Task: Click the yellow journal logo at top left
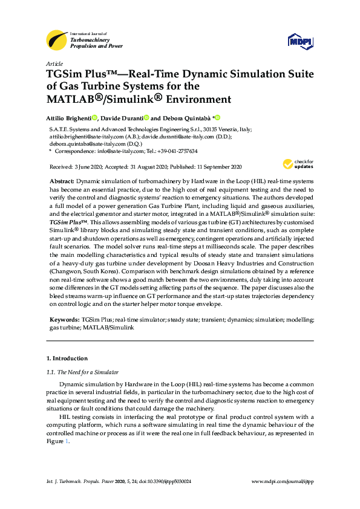[x=57, y=41]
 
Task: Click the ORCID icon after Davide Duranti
[x=145, y=118]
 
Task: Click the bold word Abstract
[x=61, y=181]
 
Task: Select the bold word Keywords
[x=64, y=319]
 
